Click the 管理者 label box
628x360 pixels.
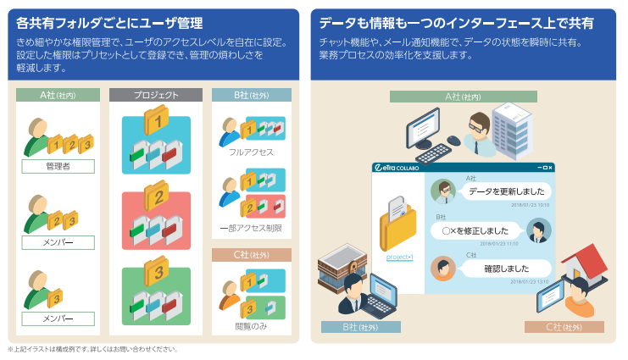pos(58,167)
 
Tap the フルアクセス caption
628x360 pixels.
pos(251,152)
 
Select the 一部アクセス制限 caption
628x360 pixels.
pos(251,229)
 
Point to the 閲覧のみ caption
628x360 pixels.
pos(251,325)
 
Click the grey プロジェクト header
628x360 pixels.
pos(156,96)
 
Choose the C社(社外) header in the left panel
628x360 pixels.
pos(251,254)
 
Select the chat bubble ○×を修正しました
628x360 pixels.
pos(476,230)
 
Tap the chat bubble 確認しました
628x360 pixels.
pos(505,269)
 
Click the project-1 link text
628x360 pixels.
pos(399,257)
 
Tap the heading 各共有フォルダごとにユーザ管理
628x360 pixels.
pos(110,23)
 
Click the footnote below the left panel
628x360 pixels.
pos(93,348)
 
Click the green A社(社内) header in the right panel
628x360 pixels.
pos(464,96)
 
